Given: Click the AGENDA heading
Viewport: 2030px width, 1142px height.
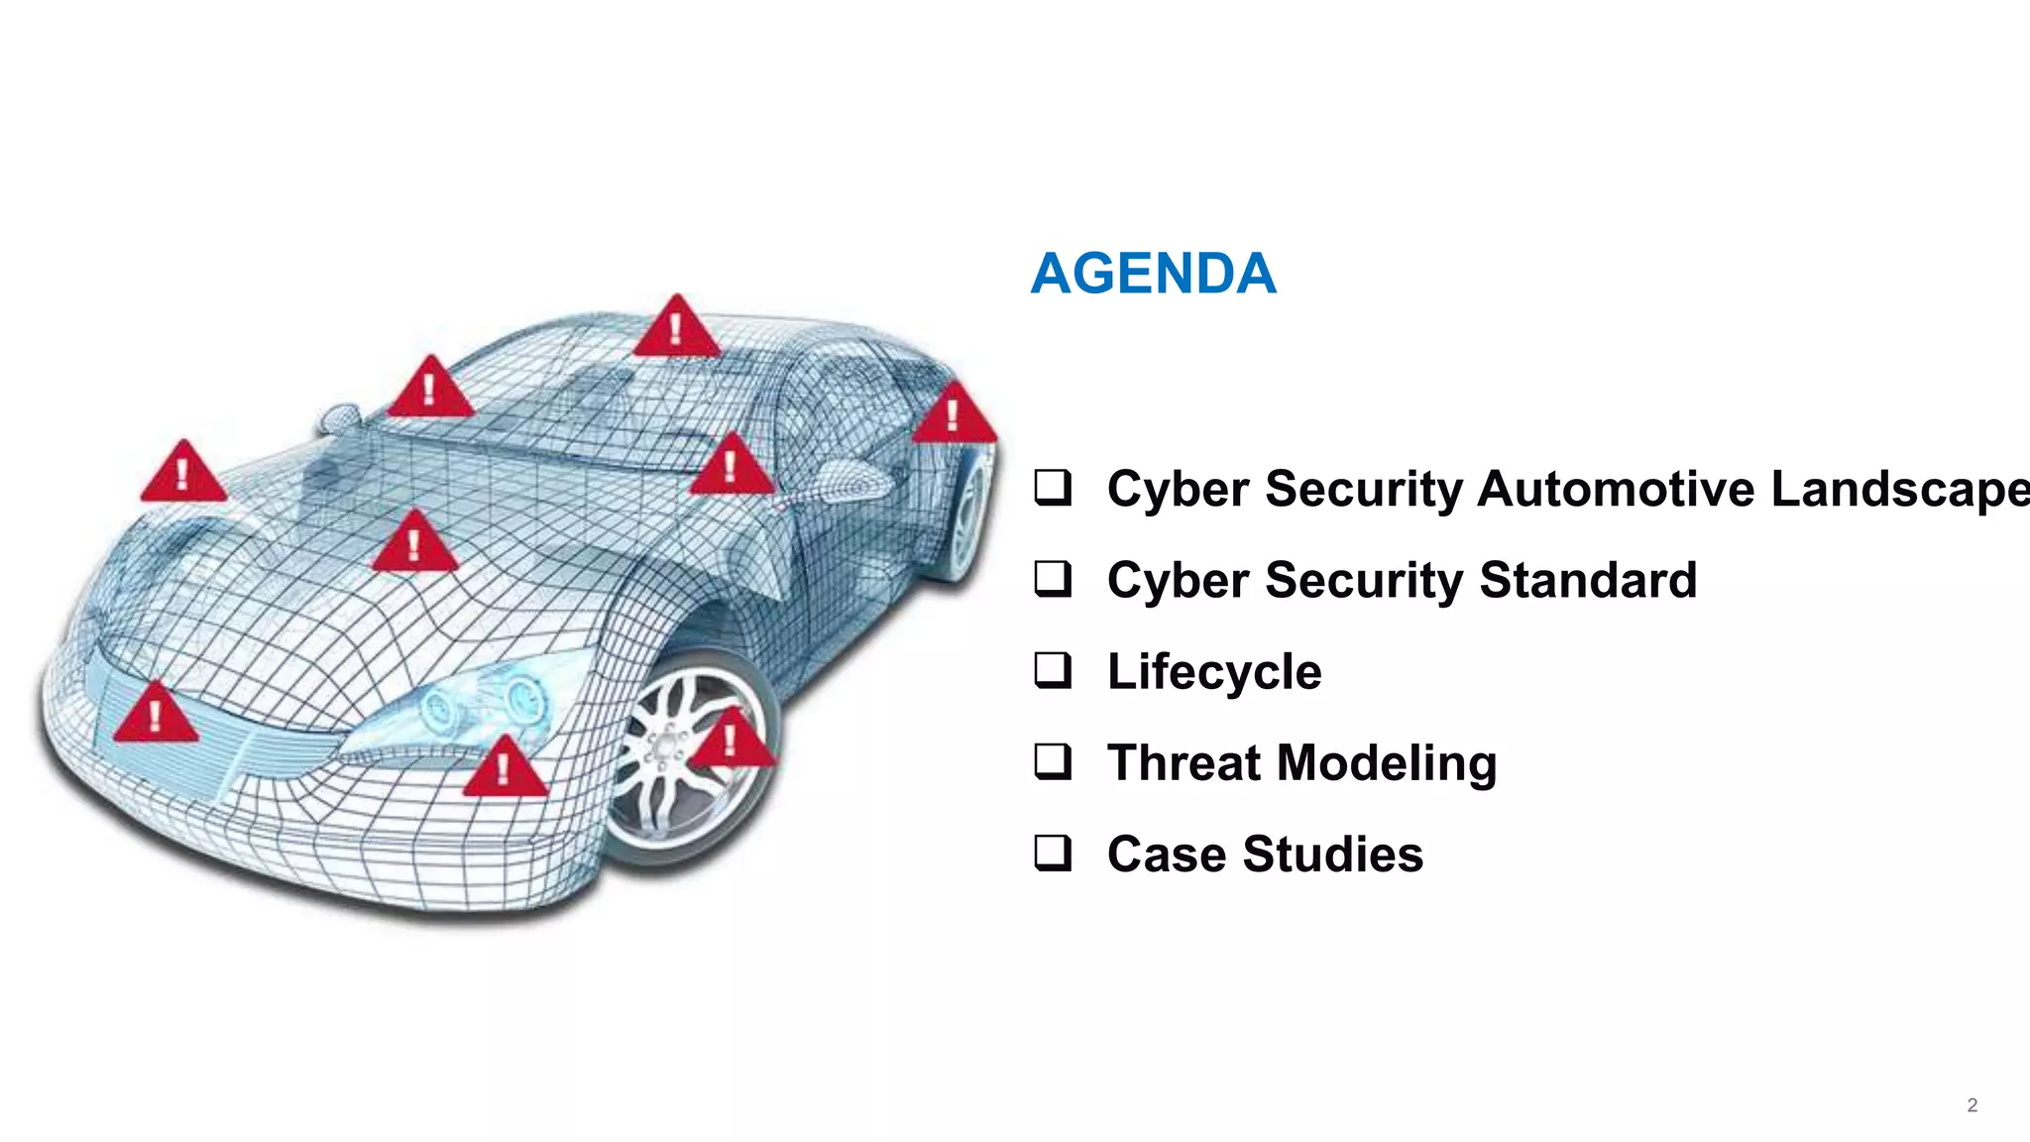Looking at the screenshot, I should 1153,274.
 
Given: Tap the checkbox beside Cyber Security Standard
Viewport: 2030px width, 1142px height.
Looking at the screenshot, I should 1052,579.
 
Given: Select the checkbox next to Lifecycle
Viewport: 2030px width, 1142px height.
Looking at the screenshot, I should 1052,670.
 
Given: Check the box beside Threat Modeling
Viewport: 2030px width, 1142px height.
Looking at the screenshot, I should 1052,761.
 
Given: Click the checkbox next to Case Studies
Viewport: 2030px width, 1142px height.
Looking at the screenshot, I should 1052,853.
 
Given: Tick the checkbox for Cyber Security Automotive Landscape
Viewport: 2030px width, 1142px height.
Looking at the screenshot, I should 1052,488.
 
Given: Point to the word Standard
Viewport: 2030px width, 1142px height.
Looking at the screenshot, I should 1588,580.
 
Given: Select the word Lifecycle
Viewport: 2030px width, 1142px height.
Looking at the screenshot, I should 1214,672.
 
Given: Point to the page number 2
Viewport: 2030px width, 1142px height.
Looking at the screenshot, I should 1972,1105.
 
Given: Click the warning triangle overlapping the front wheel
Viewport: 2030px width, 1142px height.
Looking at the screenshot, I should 731,740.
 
